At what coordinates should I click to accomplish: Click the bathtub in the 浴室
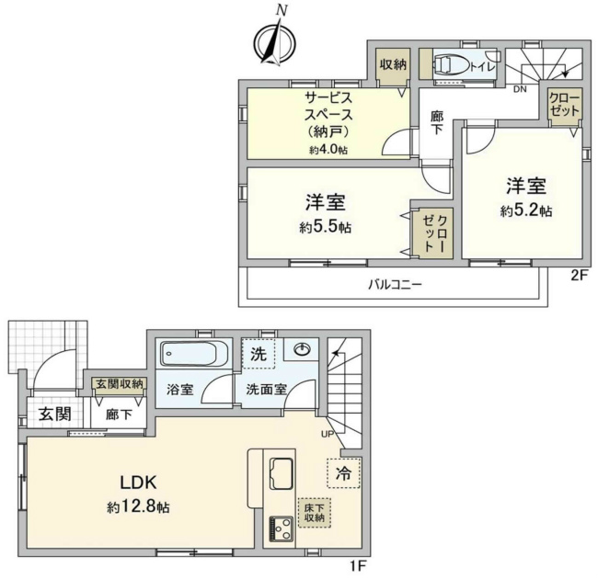point(192,354)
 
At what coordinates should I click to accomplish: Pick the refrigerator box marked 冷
point(342,474)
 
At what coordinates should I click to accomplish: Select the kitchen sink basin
point(281,474)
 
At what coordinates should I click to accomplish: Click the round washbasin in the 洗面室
point(303,348)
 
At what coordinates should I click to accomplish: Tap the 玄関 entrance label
point(55,414)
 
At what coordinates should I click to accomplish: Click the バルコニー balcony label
point(396,285)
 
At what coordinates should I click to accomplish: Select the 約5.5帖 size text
point(325,226)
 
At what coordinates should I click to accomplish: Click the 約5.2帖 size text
point(526,210)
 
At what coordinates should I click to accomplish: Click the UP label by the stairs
point(326,434)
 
